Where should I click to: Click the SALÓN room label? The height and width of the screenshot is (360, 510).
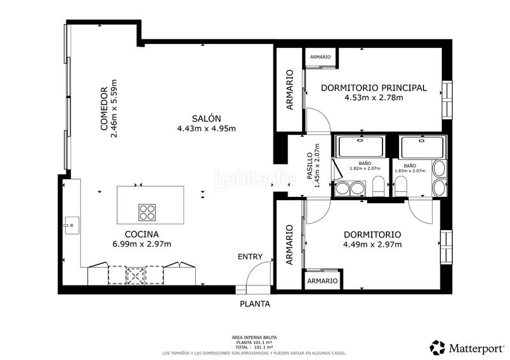point(206,119)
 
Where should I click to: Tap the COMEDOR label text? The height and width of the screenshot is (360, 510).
point(104,108)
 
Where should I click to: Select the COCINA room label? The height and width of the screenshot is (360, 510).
point(142,234)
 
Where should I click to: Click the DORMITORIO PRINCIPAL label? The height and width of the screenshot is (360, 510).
point(374,88)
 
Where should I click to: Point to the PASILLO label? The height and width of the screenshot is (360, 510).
point(310,166)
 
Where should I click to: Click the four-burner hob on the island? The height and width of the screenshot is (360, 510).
point(147,212)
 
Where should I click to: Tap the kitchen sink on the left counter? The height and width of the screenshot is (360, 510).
point(72,226)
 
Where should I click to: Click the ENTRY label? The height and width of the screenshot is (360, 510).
point(250,257)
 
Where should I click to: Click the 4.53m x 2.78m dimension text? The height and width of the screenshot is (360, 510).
point(374,97)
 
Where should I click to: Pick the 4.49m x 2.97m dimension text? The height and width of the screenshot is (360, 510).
point(372,244)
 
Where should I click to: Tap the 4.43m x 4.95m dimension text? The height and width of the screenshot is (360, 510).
point(206,129)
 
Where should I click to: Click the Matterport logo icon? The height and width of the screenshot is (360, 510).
point(437,348)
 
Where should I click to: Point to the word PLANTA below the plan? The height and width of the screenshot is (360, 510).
point(255,304)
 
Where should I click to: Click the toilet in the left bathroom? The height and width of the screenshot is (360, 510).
point(378,186)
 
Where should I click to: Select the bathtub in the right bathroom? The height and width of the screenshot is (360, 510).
point(422,147)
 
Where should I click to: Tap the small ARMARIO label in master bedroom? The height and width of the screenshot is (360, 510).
point(321,57)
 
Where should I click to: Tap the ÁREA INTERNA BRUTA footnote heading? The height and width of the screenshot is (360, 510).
point(254,338)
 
